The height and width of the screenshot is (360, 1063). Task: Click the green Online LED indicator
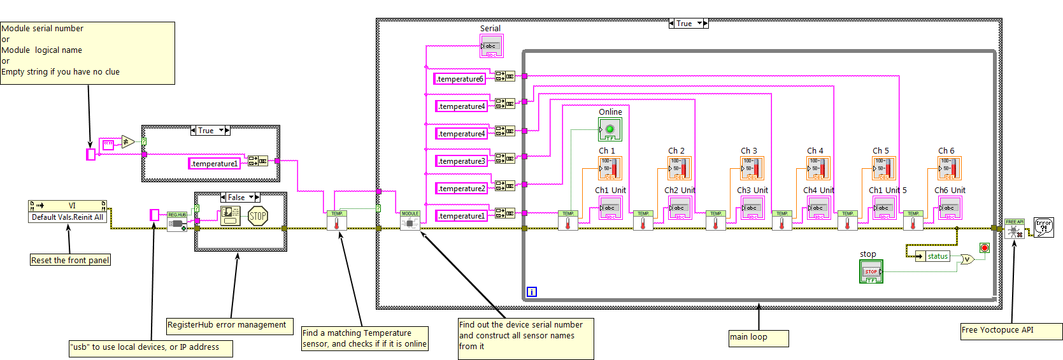point(610,129)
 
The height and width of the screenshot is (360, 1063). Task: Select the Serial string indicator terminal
point(491,46)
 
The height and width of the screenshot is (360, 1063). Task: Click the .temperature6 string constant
point(460,79)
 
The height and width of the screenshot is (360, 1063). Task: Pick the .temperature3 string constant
point(461,161)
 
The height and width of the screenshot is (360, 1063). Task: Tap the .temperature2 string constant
point(461,189)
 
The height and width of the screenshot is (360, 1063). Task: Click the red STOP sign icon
point(257,216)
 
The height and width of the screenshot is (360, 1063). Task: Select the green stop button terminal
point(871,271)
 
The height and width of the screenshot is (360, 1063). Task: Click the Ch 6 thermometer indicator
point(949,168)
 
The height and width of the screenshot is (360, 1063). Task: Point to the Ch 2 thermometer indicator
point(679,168)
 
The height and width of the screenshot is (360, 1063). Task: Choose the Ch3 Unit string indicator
point(752,208)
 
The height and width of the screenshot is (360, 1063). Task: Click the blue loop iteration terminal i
point(532,292)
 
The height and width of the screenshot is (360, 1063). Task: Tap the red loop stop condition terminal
point(984,248)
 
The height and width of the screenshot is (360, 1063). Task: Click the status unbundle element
point(937,256)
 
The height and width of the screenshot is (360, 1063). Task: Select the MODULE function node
point(410,220)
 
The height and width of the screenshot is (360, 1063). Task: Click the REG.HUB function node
point(177,221)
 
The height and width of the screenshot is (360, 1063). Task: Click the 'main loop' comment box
point(759,338)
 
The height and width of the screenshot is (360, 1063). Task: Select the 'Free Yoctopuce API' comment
point(1011,331)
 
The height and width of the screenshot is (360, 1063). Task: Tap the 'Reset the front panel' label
point(71,260)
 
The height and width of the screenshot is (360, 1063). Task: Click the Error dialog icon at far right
point(1043,227)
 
